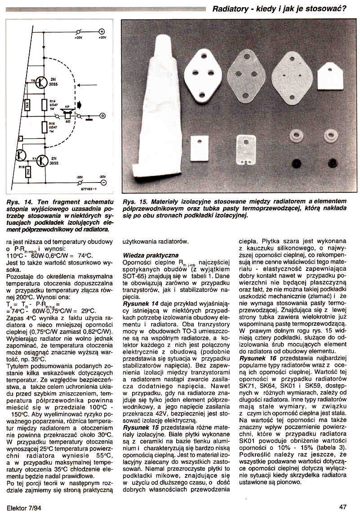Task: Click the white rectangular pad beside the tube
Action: click(x=199, y=148)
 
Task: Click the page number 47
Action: click(x=343, y=507)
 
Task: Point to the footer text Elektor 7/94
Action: click(x=22, y=508)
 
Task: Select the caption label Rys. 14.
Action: click(x=16, y=202)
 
